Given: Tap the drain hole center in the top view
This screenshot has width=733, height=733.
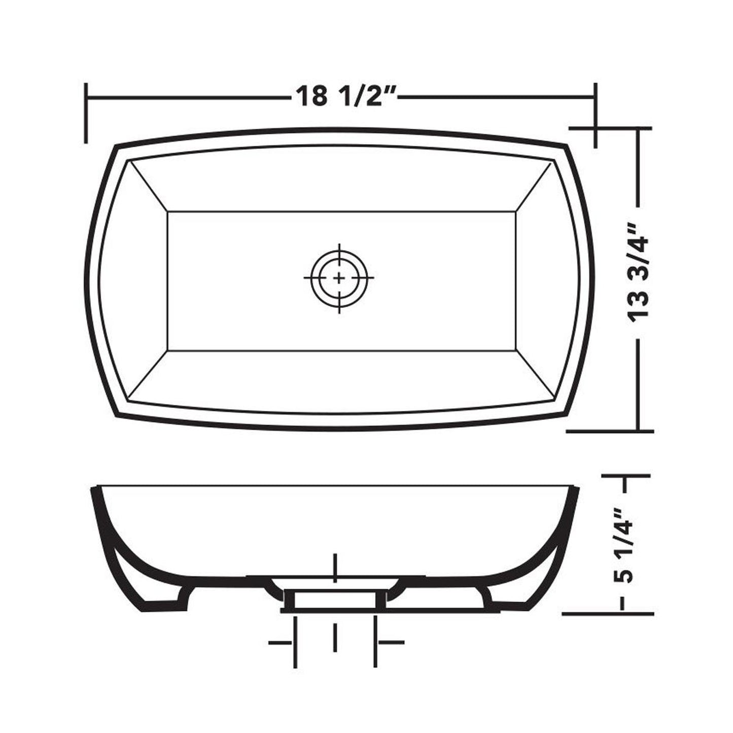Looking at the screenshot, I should [339, 278].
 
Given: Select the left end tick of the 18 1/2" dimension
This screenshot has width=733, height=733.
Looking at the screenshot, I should [87, 113].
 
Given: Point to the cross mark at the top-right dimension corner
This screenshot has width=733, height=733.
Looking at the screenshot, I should [595, 128].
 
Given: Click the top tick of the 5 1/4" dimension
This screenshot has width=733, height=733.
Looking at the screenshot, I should [626, 476].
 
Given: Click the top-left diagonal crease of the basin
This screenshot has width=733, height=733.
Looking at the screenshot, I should [148, 186].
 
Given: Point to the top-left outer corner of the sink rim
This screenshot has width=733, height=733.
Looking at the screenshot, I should [116, 147].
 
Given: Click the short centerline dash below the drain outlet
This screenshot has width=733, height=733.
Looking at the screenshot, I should [335, 638].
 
